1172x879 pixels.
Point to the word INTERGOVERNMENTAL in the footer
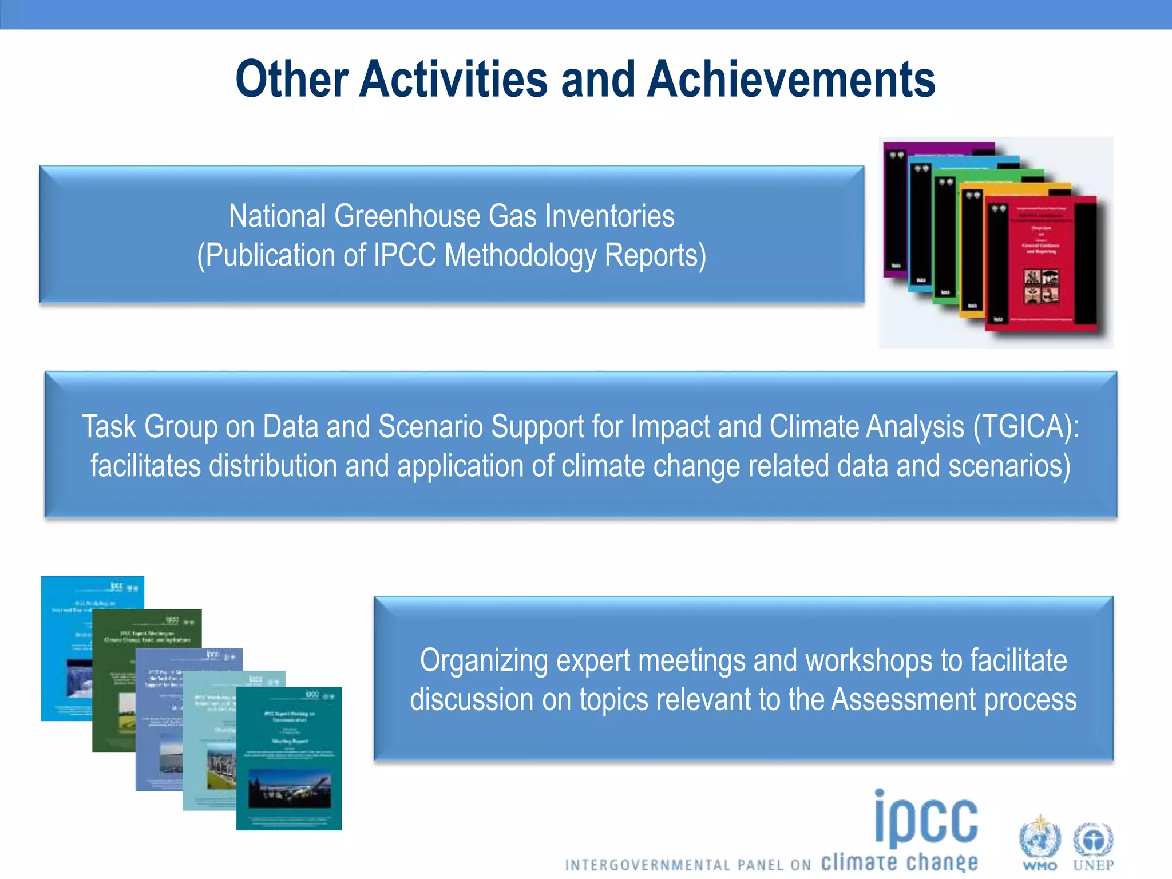647,865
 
